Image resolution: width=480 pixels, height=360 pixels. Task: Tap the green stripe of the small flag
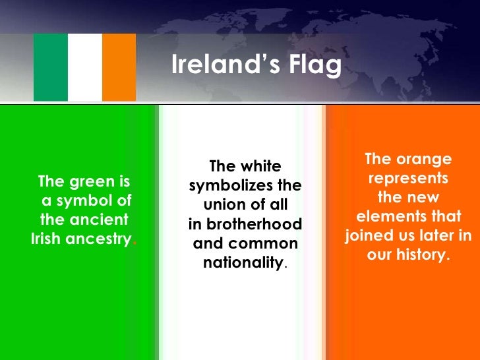[x=51, y=67]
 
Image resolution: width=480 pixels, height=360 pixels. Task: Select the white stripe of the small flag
[x=85, y=67]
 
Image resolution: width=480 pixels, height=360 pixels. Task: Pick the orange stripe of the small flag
[x=119, y=67]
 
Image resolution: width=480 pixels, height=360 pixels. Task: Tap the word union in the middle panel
[x=225, y=205]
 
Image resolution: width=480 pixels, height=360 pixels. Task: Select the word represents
[x=408, y=179]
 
